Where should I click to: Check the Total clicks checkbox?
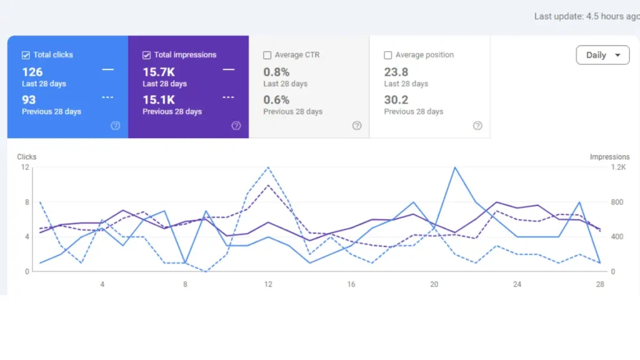[26, 55]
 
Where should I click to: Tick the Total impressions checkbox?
[147, 55]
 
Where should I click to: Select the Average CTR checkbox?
[267, 55]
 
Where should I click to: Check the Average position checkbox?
[388, 55]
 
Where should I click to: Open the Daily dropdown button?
[602, 55]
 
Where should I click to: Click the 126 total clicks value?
[32, 72]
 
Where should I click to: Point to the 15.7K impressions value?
[159, 72]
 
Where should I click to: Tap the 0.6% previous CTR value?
[276, 100]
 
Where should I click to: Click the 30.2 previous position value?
[396, 100]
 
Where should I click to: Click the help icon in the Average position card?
[477, 126]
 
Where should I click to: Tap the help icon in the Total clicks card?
[116, 126]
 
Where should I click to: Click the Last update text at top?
[586, 16]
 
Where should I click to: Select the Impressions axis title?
[609, 157]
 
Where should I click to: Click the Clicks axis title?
[27, 157]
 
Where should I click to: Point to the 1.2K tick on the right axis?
[618, 167]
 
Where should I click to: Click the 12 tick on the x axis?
[268, 284]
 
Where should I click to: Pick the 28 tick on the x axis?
[600, 284]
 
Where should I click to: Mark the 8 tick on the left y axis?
[26, 202]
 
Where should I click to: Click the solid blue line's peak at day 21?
[455, 167]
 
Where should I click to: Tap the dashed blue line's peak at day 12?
[268, 167]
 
